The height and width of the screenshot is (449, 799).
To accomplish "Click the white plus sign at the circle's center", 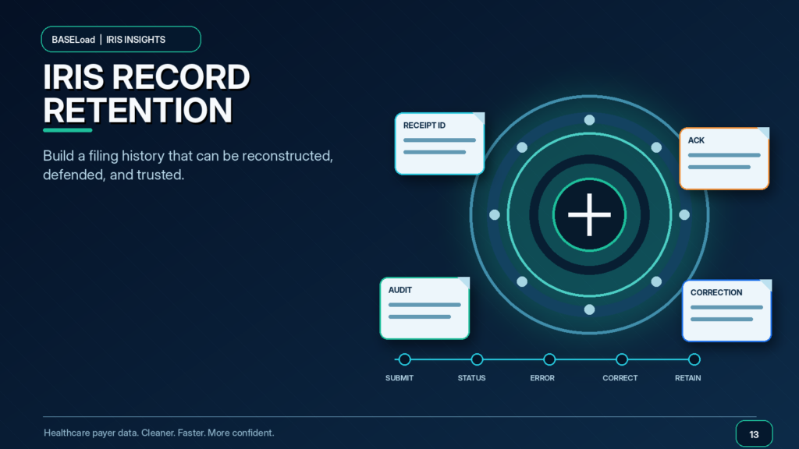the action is [x=589, y=215].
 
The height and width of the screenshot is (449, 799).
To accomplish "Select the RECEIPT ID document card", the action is [x=439, y=143].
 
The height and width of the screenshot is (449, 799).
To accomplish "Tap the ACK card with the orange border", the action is [x=724, y=158].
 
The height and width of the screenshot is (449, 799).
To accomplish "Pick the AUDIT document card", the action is [x=424, y=308].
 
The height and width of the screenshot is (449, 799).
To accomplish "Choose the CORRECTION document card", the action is [x=726, y=310].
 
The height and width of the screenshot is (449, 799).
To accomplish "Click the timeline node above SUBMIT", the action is [x=405, y=359].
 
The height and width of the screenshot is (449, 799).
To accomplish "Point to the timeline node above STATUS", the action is [x=477, y=359].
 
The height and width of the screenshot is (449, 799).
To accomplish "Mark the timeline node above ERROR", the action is [x=549, y=359].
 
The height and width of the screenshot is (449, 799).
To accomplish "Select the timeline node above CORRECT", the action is [x=622, y=359].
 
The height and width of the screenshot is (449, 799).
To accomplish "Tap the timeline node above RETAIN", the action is [x=694, y=359].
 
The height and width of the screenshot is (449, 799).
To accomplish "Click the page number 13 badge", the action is [x=755, y=434].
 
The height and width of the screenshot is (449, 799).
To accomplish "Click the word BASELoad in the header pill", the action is [x=73, y=40].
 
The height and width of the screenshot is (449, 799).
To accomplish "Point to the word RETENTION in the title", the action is [x=137, y=111].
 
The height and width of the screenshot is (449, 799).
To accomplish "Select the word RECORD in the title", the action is [x=181, y=77].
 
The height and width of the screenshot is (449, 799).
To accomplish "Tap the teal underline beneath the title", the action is [x=68, y=130].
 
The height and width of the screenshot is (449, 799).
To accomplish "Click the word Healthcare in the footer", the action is [x=67, y=433].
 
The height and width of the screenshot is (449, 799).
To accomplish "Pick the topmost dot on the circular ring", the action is [x=589, y=120].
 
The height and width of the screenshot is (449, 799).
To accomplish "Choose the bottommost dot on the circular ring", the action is [x=589, y=309].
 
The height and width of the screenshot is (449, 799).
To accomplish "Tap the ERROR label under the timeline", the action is [x=542, y=378].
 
